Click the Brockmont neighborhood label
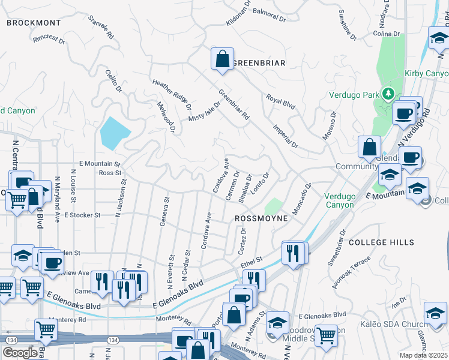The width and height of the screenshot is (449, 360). (x=34, y=23)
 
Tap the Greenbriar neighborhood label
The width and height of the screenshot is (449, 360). (x=258, y=62)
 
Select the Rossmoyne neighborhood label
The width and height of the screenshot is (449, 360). (x=261, y=219)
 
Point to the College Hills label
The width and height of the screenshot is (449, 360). (x=381, y=242)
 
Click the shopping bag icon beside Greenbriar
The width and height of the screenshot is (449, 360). (x=222, y=59)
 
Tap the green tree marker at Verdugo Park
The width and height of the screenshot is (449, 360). (x=388, y=94)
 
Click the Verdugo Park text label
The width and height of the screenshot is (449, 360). (x=354, y=95)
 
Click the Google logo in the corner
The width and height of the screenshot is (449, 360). (x=20, y=352)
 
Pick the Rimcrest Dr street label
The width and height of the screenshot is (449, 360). (x=49, y=38)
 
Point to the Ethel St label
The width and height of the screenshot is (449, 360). (x=252, y=261)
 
